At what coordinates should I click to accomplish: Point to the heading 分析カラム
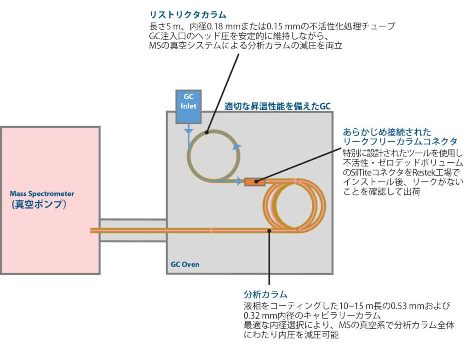tap(265, 294)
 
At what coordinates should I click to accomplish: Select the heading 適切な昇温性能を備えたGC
tap(277, 106)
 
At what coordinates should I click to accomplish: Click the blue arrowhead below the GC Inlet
tap(189, 132)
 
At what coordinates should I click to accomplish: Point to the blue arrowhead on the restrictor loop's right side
tap(237, 147)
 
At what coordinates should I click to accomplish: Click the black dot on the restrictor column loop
tap(207, 132)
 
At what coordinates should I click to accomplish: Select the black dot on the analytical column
tap(269, 230)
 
